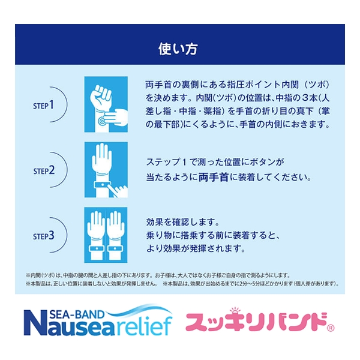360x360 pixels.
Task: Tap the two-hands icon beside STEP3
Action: pyautogui.click(x=106, y=235)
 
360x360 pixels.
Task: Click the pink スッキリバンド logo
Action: pyautogui.click(x=254, y=323)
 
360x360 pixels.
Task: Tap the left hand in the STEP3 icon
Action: pyautogui.click(x=97, y=232)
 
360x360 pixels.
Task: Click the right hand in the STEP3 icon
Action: pyautogui.click(x=115, y=232)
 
